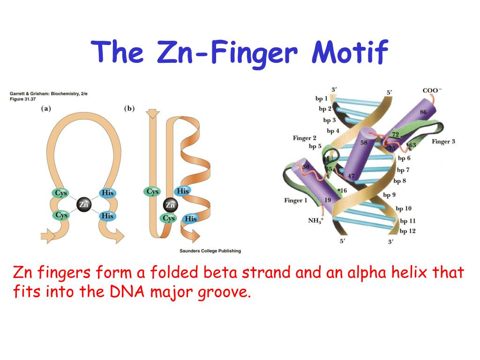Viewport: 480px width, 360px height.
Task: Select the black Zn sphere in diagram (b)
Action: tap(170, 205)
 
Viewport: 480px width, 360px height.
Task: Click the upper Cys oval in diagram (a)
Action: tap(61, 193)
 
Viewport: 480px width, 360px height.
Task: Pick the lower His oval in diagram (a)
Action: tap(107, 216)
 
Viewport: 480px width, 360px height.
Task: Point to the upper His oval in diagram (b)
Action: tap(182, 191)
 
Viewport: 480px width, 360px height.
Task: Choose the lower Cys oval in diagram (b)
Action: tap(168, 218)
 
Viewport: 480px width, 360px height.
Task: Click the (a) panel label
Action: tap(46, 108)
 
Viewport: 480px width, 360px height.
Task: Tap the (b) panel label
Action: tap(129, 108)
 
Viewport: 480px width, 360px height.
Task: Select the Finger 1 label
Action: tap(296, 201)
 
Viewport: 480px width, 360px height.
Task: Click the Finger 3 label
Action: tap(443, 141)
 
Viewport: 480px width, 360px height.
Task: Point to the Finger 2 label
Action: tap(304, 138)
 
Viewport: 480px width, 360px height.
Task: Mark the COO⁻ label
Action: tap(432, 90)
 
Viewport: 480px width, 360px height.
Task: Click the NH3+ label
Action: tap(316, 220)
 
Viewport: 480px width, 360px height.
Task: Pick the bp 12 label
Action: tap(407, 231)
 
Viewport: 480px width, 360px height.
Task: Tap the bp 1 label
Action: tap(322, 99)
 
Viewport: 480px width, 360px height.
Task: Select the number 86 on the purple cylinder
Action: tap(423, 112)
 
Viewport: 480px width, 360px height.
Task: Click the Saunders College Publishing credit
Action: tap(210, 251)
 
